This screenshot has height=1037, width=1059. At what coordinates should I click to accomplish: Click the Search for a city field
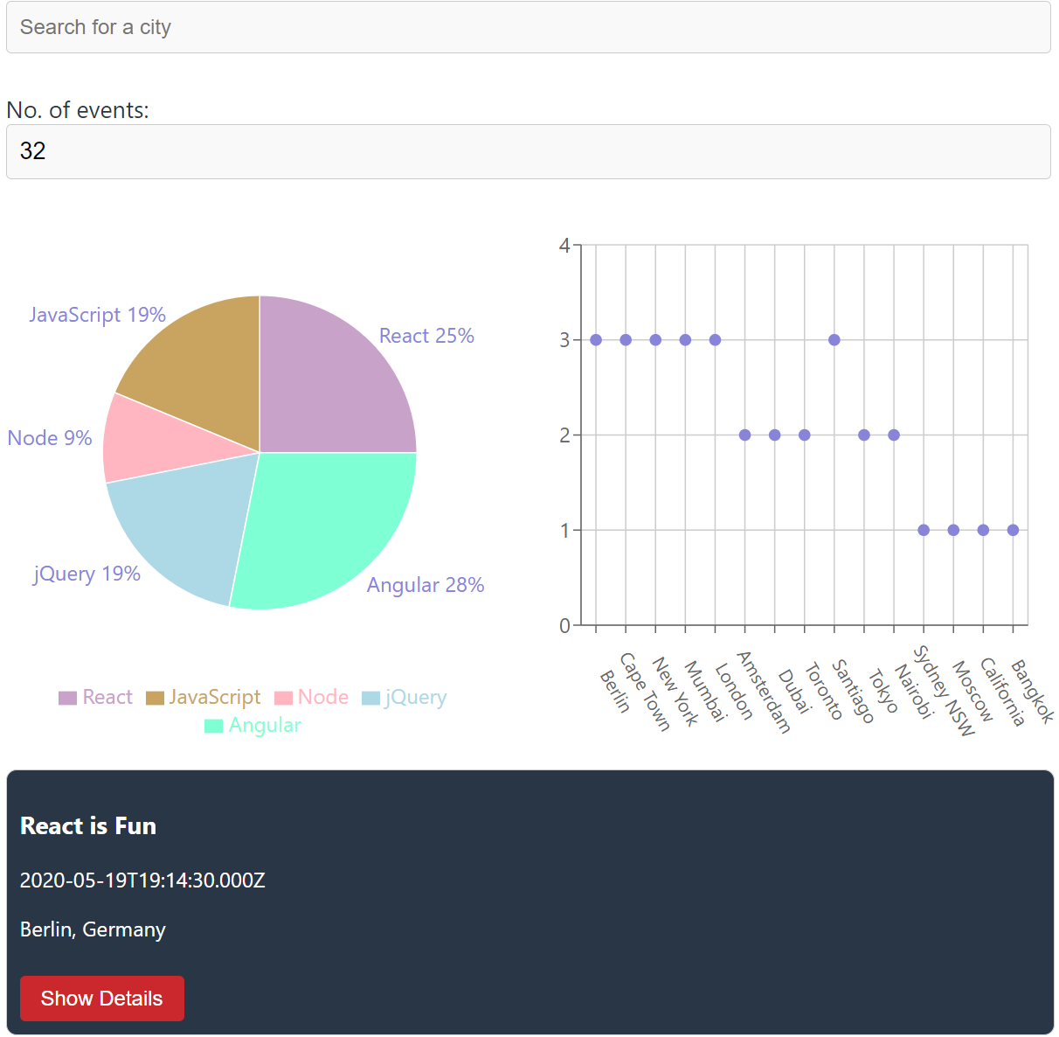pos(528,27)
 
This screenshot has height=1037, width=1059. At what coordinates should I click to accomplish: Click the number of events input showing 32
pos(528,151)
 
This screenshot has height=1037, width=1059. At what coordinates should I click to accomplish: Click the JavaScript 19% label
pos(97,315)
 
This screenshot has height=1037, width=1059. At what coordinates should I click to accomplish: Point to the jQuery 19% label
pos(87,574)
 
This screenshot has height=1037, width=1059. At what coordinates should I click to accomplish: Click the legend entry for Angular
pos(253,726)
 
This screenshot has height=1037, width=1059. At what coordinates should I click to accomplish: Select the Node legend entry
pos(312,697)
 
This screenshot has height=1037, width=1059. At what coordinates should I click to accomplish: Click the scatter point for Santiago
pos(834,340)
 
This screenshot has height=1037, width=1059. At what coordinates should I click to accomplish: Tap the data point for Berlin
pos(596,340)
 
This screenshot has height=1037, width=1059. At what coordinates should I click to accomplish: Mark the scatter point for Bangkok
pos(1013,530)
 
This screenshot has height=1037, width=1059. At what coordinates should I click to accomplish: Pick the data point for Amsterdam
pos(745,435)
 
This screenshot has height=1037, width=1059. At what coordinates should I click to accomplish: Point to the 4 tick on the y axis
pos(564,246)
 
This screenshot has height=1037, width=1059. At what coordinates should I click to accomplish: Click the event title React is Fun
pos(88,826)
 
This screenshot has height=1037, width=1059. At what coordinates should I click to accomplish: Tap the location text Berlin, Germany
pos(93,929)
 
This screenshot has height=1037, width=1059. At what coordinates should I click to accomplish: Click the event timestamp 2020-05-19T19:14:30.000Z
pos(142,880)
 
